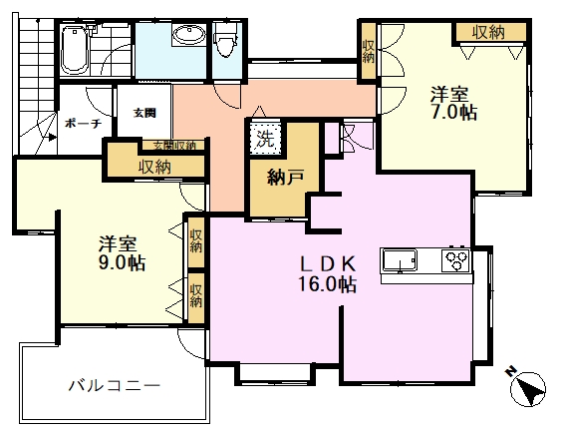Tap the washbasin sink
[x=186, y=38]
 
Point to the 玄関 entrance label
[x=144, y=113]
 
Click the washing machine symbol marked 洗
[x=265, y=137]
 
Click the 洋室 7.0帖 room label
[x=452, y=104]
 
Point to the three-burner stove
[x=457, y=261]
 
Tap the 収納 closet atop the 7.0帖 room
[x=488, y=32]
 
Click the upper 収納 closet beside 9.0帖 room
[x=196, y=240]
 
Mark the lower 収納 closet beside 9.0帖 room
[x=196, y=295]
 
